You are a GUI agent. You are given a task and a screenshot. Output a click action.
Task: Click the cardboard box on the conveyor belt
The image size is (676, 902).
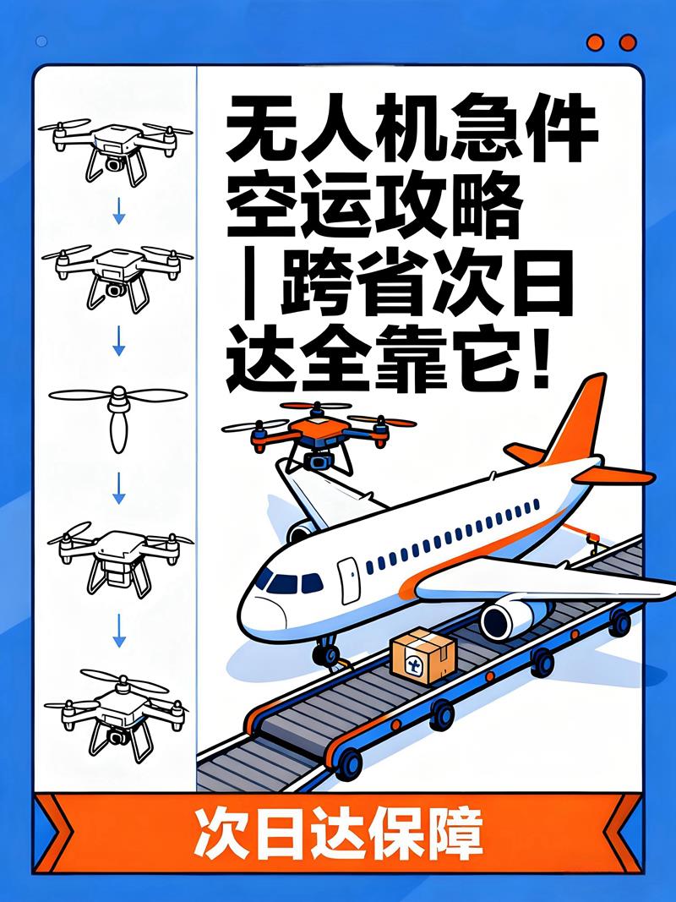[x=423, y=655]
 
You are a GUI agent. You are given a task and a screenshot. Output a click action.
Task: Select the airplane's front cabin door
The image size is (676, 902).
[x=348, y=579]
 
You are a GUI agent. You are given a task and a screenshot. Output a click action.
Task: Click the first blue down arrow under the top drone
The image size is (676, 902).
[x=118, y=211]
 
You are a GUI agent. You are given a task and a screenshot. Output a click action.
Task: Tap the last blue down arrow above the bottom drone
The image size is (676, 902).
[x=118, y=631]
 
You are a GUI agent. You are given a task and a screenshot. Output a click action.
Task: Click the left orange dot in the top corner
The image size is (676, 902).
[x=596, y=42]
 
